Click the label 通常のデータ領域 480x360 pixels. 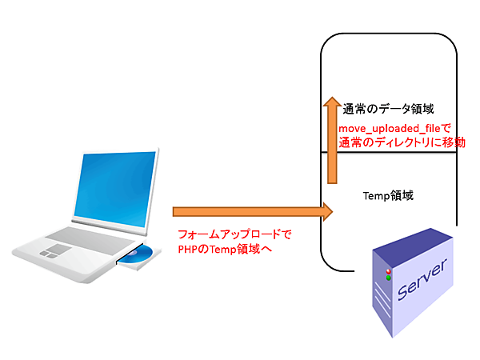click(x=388, y=110)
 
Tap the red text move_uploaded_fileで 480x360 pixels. click(x=395, y=128)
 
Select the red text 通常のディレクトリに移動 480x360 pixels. click(x=402, y=142)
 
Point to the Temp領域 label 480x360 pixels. click(x=388, y=194)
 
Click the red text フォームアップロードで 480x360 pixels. click(x=234, y=235)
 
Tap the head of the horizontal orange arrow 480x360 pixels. click(x=326, y=212)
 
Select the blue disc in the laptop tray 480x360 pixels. click(x=141, y=256)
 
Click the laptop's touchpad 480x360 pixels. click(x=54, y=250)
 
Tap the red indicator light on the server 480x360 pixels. click(x=388, y=272)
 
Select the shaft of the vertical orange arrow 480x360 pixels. click(x=333, y=152)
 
